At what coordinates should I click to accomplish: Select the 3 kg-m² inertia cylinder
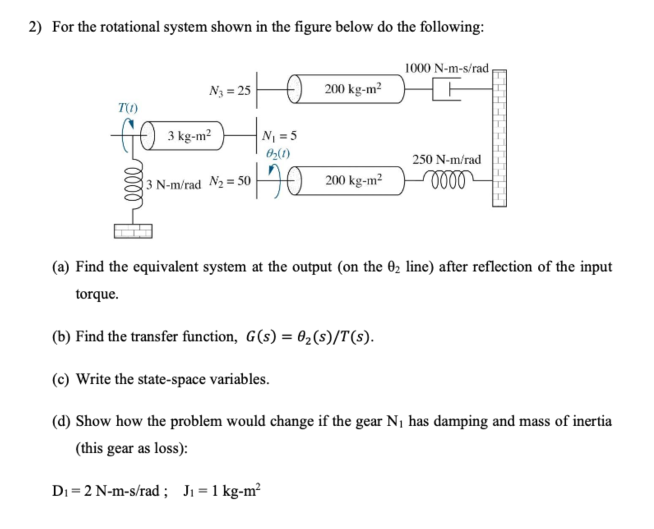[186, 137]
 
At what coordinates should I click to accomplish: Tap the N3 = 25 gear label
[229, 91]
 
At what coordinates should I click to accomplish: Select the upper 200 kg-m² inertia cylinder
[348, 90]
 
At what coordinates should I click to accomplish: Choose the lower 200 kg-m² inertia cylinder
[348, 181]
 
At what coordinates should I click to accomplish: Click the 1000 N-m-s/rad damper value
[446, 68]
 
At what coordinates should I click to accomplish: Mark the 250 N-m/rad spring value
[447, 160]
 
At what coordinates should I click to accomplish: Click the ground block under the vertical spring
[133, 231]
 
